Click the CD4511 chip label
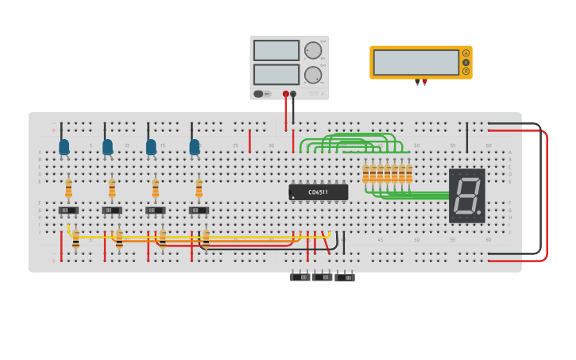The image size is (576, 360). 319,192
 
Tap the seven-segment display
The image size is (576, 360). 466,195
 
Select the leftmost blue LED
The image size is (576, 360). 64,147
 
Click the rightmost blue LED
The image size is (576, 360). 195,147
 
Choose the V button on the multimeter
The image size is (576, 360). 466,62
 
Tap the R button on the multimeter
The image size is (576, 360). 466,71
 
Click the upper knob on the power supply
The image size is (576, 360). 313,51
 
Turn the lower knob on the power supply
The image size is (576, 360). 313,75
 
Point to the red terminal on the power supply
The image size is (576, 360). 286,94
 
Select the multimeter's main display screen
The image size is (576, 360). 416,62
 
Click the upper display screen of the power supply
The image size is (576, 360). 276,50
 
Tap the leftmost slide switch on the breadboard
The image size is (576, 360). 68,211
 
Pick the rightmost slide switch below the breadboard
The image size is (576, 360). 345,277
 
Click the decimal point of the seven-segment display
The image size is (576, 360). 479,213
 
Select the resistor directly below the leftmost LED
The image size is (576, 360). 68,188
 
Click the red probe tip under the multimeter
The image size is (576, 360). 424,82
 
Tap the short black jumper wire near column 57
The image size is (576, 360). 467,137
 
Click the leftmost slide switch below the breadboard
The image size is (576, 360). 300,277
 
